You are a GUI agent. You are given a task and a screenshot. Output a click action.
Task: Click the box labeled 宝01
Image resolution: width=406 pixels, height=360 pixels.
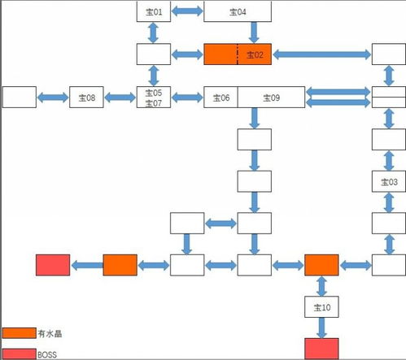pos(154,11)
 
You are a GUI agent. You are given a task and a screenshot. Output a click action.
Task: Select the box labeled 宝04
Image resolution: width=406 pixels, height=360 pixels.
pos(238,11)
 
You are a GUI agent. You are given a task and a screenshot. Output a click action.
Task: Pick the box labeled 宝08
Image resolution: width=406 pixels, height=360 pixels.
pos(87,98)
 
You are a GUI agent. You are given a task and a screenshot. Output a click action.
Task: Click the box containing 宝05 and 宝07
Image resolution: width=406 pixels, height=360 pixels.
pos(154,98)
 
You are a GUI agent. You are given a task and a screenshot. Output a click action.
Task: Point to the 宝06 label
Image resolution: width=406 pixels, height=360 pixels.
pos(220,98)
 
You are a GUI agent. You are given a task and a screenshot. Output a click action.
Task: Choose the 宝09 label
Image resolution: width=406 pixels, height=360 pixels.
pos(272,98)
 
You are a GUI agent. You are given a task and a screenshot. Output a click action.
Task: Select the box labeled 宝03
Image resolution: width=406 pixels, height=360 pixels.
pos(389,180)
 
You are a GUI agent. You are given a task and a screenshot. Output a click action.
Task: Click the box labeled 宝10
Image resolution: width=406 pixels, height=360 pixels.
pos(321,306)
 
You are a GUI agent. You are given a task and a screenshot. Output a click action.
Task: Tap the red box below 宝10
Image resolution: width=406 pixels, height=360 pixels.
pos(321,349)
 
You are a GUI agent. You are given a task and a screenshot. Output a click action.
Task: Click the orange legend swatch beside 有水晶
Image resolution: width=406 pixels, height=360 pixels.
pos(19,333)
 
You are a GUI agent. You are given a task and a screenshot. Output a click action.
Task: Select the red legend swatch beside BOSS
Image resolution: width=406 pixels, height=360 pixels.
pos(19,353)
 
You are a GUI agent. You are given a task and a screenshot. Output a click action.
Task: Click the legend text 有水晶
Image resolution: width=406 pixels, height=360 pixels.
pos(48,333)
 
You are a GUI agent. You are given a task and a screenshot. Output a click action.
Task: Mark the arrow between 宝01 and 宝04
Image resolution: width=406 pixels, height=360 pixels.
pos(187,11)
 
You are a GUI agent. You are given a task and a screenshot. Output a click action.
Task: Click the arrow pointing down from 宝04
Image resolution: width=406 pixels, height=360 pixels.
pos(254,33)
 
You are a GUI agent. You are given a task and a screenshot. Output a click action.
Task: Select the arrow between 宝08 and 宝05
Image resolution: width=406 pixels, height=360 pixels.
pos(120,98)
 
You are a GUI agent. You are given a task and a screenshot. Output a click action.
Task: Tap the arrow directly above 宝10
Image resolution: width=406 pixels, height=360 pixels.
pos(321,285)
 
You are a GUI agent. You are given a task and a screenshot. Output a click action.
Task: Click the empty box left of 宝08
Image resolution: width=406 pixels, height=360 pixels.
pos(20,98)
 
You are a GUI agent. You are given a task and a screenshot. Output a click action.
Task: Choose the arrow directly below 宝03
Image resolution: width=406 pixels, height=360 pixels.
pos(389,201)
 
